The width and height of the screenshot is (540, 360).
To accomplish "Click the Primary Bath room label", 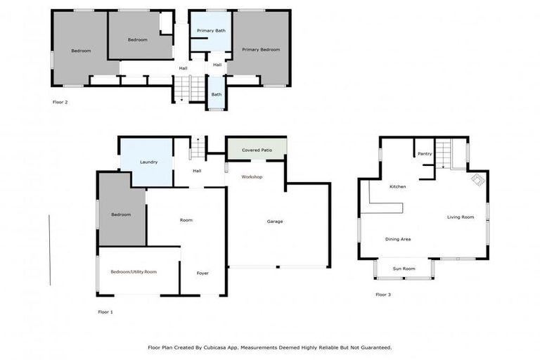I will (x=211, y=31).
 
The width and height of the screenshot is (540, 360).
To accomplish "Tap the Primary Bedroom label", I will (x=261, y=50).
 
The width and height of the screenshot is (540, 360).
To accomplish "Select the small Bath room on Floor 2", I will (x=217, y=94).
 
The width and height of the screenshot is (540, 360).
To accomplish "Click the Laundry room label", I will (x=148, y=162).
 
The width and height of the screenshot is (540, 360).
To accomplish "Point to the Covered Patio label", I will (x=256, y=150).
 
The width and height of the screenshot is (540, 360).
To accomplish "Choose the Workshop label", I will (x=252, y=176).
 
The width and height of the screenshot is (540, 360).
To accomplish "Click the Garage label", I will (x=275, y=221).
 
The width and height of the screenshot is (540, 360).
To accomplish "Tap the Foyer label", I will (x=202, y=273).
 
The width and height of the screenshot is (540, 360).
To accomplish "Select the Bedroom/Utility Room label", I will (x=134, y=271).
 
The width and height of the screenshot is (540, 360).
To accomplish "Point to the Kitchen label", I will (x=398, y=186).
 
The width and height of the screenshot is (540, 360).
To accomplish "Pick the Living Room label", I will (x=461, y=217).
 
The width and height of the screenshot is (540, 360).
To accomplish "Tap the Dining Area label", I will (x=398, y=239).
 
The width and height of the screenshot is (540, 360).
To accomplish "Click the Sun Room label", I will (x=404, y=269).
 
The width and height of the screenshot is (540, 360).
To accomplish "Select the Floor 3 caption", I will (x=383, y=295).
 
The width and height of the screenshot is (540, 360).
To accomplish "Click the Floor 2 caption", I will (x=60, y=102).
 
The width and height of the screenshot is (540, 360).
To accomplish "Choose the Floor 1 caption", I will (x=105, y=311).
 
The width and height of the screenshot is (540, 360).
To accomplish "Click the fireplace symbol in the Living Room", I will (x=477, y=180).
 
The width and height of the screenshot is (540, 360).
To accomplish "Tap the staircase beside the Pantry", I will (x=442, y=153).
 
